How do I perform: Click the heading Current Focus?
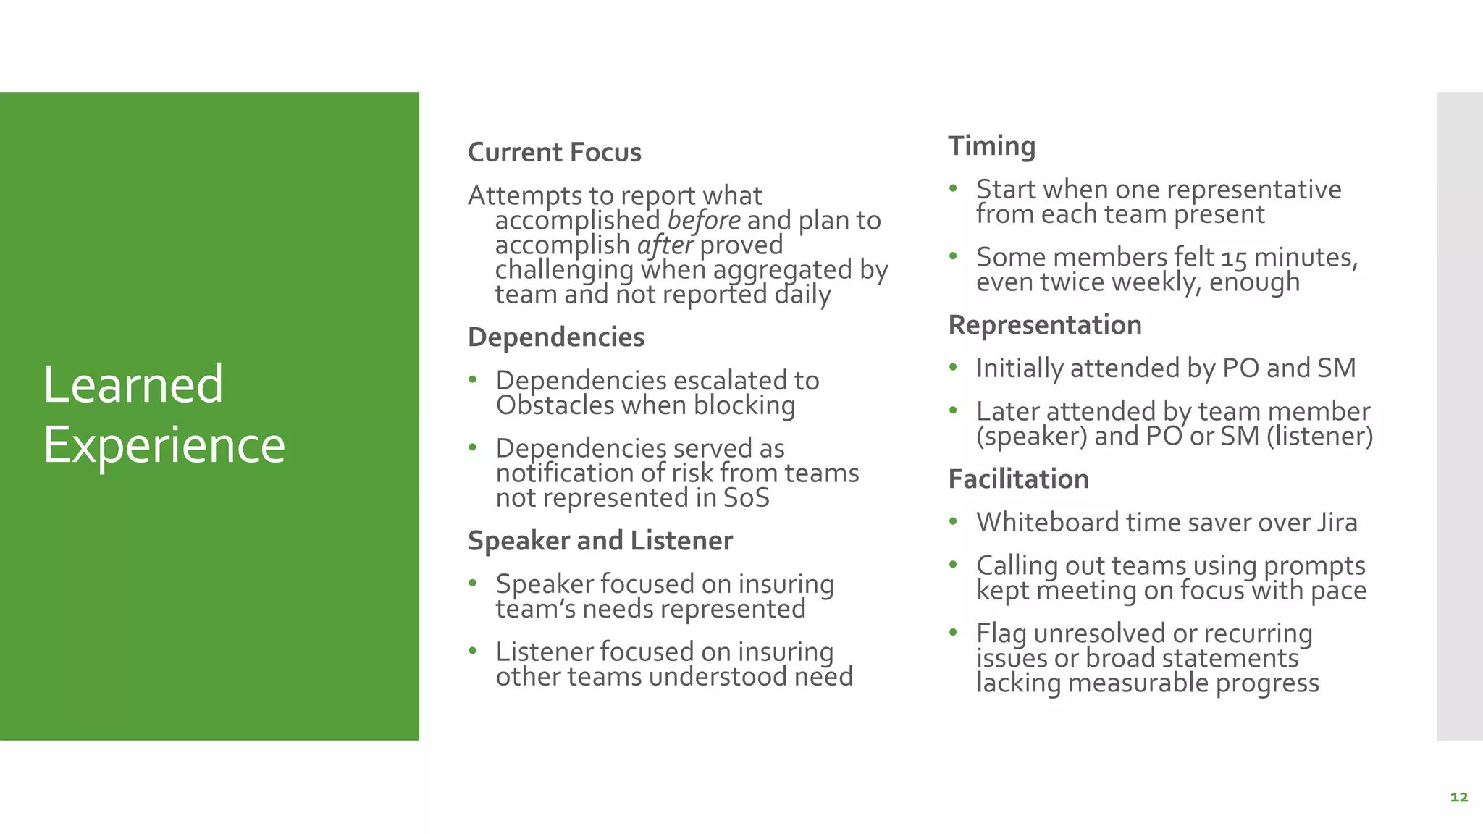click(554, 153)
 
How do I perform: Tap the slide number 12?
click(1458, 797)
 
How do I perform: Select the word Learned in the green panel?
click(133, 384)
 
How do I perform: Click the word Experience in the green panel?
click(164, 445)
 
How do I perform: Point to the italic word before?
click(703, 220)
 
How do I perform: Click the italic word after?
click(665, 245)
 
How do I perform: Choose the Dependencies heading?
click(556, 337)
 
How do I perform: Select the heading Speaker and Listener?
click(600, 541)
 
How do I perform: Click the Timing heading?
click(991, 146)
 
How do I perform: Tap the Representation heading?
click(1044, 325)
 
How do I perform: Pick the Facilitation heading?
click(1018, 479)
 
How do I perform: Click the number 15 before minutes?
click(1234, 258)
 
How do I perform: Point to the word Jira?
click(1337, 523)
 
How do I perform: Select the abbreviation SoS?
click(746, 498)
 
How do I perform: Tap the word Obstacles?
click(554, 405)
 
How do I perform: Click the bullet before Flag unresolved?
click(954, 633)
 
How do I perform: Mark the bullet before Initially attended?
click(954, 368)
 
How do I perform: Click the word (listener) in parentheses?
click(1319, 436)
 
